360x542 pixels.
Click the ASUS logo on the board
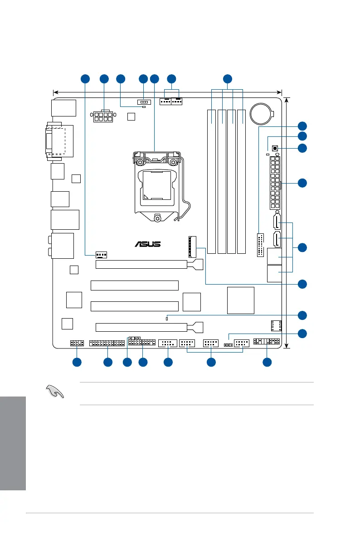click(147, 244)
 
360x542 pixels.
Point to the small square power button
click(275, 148)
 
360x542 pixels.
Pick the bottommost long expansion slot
click(141, 327)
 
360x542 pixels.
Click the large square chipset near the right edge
click(241, 300)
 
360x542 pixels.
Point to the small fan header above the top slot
click(102, 255)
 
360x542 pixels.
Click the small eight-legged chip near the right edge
click(276, 326)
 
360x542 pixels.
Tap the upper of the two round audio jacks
click(49, 239)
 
